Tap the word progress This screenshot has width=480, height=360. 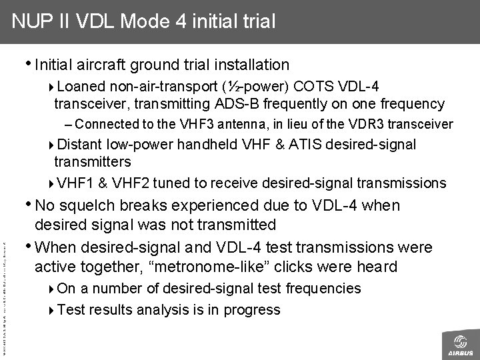[252, 309]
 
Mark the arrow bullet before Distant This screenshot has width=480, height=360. [53, 145]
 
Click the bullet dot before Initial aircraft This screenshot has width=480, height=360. [29, 64]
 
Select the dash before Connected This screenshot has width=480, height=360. [70, 123]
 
